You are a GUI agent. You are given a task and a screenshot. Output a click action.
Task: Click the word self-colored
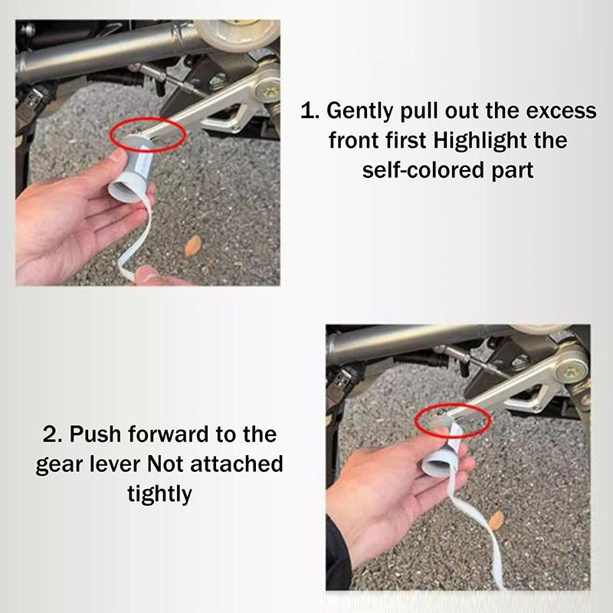point(426,169)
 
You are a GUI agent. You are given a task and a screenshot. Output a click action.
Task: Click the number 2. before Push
point(53,434)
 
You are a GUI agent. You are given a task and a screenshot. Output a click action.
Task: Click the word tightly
point(159,493)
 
